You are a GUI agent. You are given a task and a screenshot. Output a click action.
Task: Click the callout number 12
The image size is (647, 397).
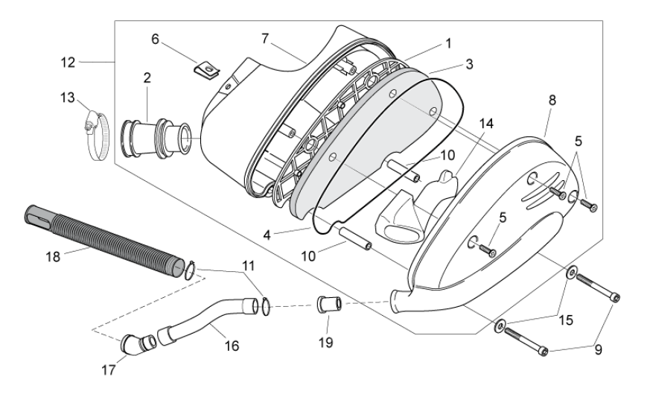(x=68, y=62)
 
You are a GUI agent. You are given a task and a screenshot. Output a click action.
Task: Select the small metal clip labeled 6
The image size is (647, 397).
(x=207, y=70)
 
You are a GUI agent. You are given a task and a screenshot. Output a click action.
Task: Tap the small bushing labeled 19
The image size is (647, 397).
(x=328, y=305)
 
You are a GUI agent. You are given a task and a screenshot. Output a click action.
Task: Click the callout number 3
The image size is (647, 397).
(x=468, y=64)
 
